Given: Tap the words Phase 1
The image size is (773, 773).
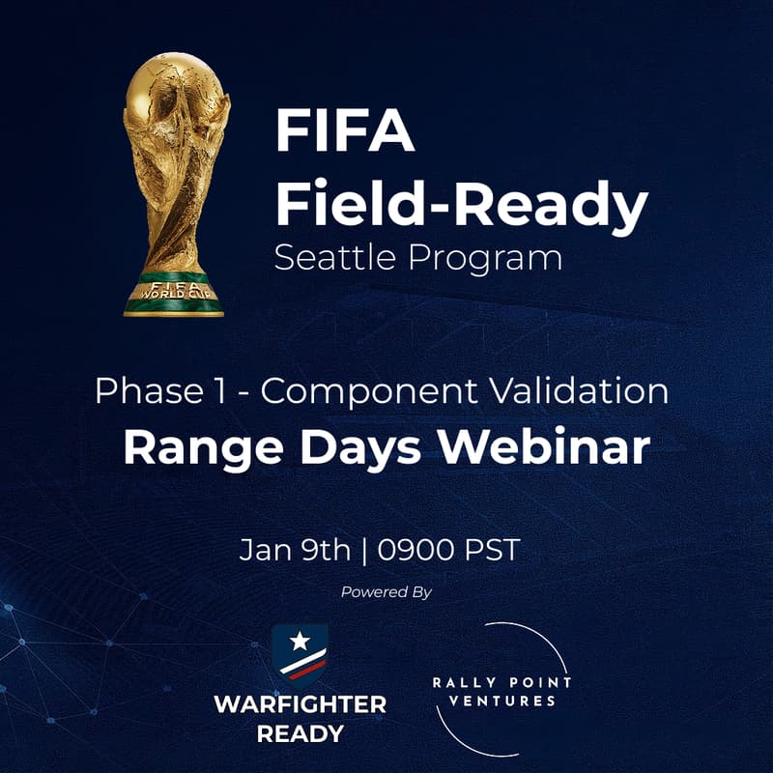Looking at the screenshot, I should pos(162,392).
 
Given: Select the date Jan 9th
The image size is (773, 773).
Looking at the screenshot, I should pos(295,551).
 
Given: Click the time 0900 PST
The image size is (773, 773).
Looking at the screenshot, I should pos(449,551).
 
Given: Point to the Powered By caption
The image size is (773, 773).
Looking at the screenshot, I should pos(386,592).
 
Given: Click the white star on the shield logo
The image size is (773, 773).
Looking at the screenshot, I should pos(299,641).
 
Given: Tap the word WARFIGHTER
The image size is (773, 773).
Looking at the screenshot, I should pos(300,703).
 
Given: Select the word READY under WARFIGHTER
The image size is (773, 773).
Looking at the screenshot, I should pos(300,733).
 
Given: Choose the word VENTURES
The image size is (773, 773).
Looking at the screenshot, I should pos(502,701).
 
